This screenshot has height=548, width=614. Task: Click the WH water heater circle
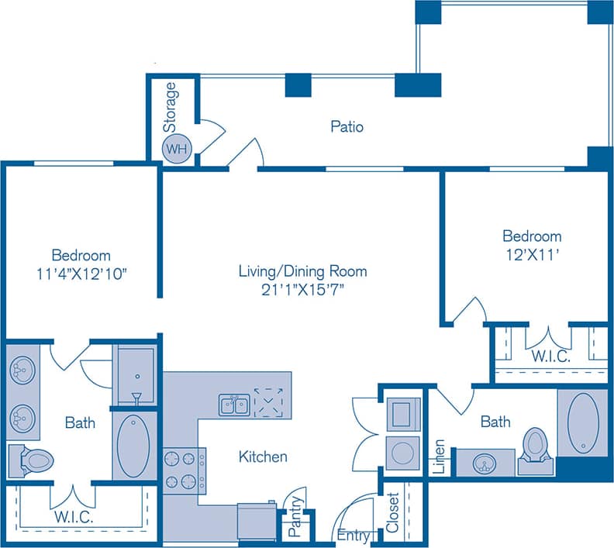tap(174, 149)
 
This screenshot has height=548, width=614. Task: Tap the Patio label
tap(347, 126)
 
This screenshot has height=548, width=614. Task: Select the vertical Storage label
tap(171, 106)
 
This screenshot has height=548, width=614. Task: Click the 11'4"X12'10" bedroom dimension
tap(81, 273)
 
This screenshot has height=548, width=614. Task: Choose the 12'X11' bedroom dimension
tap(532, 253)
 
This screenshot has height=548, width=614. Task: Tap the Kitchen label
tap(263, 457)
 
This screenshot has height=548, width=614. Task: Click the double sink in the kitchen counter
tap(233, 404)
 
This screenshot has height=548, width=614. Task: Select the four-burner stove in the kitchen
tap(182, 469)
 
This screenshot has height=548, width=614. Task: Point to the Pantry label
tap(295, 523)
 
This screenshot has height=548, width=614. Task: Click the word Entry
tap(354, 535)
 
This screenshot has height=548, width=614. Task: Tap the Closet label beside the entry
tap(392, 513)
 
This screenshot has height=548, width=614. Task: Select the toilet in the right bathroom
tap(535, 448)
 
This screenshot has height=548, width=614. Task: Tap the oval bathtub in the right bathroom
tap(582, 423)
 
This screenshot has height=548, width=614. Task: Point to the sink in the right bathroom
tap(485, 464)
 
